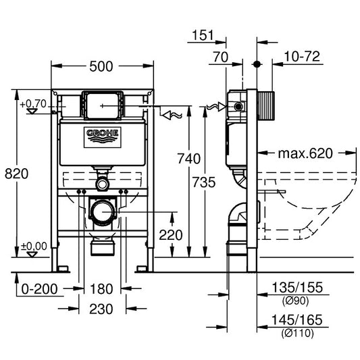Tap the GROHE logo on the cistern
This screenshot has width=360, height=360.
[102, 136]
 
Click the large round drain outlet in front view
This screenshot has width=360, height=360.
[103, 212]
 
